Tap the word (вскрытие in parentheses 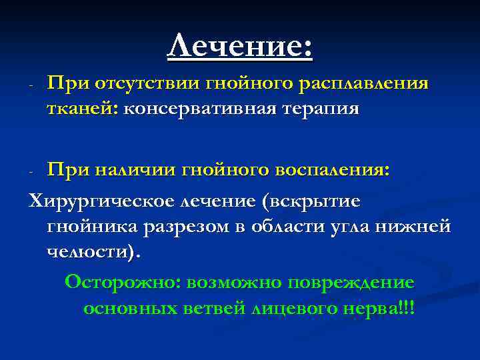point(313,201)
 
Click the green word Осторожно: point(122,282)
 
